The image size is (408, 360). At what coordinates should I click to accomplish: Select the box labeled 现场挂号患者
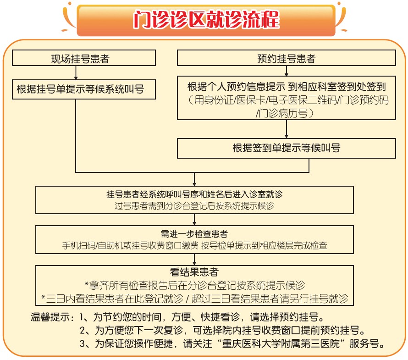[84, 58]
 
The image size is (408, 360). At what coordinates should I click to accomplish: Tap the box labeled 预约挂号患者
[287, 58]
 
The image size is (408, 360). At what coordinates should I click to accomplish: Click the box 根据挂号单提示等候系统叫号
[84, 89]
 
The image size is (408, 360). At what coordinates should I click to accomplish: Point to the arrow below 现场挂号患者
[76, 72]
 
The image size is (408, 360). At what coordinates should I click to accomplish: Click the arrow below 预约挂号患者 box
[287, 71]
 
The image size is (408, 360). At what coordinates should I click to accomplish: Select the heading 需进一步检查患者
[195, 233]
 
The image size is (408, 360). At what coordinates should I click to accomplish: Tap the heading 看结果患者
[195, 272]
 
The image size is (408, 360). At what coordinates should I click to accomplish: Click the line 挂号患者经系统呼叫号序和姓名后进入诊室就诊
[195, 194]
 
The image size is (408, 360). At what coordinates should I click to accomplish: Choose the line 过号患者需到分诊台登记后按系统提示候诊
[195, 205]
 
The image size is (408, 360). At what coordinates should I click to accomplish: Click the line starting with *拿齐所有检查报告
[195, 285]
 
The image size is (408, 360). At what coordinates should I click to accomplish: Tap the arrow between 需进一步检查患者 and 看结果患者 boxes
[195, 260]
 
